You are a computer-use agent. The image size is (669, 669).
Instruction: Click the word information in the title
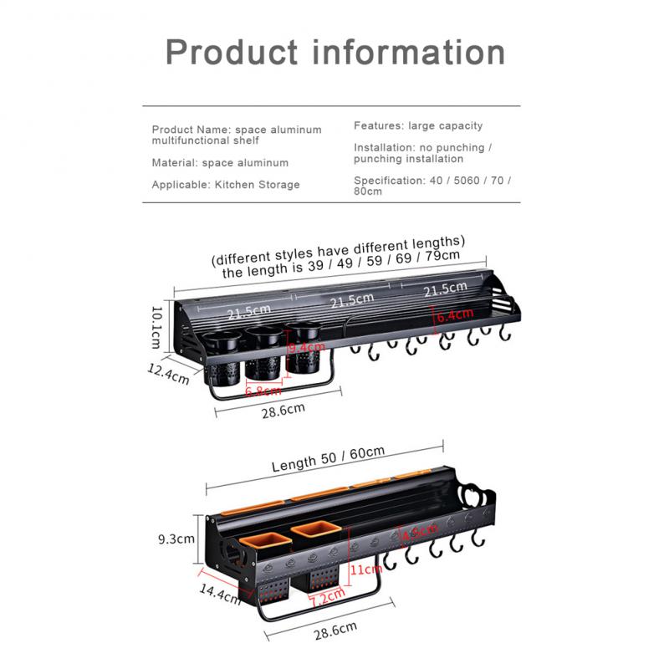pos(409,52)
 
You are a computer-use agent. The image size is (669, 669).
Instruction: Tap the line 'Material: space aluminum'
pos(220,163)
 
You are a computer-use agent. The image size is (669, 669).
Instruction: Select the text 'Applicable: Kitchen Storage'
pos(225,185)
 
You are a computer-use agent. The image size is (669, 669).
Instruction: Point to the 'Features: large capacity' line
pos(418,125)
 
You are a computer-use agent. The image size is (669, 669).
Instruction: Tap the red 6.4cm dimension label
pos(452,315)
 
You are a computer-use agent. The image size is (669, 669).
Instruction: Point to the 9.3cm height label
pos(176,539)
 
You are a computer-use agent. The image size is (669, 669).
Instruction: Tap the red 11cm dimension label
pos(360,569)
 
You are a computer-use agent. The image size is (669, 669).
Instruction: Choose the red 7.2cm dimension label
pos(327,597)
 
